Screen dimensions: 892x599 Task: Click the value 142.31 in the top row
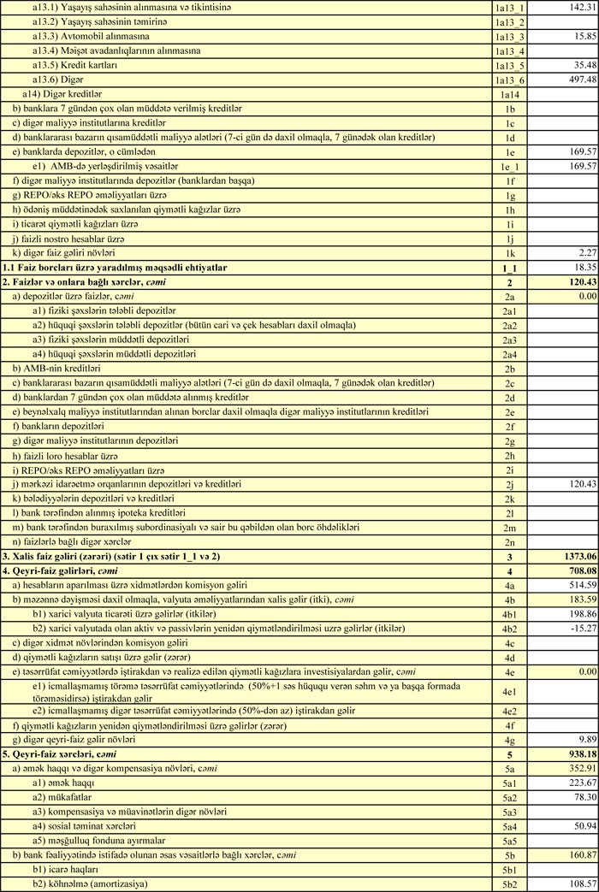(579, 7)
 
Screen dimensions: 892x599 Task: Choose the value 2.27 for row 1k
(584, 252)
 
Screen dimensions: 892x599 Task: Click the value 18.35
(582, 268)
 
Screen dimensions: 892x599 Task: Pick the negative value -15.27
(580, 629)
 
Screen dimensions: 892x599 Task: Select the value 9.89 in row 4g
(584, 739)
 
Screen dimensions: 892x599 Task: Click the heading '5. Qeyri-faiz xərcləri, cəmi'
(59, 754)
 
